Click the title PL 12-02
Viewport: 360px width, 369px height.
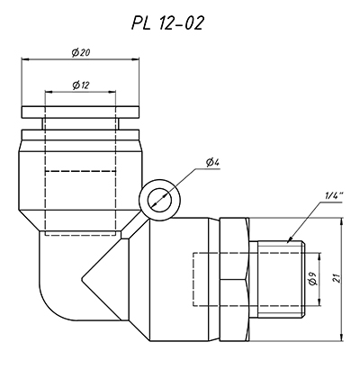tap(167, 22)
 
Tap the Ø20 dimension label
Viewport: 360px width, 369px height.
tap(81, 53)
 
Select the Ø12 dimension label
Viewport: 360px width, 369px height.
tap(81, 85)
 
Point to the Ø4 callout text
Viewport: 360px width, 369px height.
tap(213, 163)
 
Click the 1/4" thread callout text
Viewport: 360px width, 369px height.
tap(334, 196)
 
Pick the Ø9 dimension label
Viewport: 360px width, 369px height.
tap(312, 279)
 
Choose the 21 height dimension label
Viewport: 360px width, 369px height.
tap(337, 279)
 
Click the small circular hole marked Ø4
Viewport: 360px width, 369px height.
tap(159, 200)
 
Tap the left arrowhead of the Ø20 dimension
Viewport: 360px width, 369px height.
tap(24, 59)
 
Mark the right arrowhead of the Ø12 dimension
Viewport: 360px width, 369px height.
tap(112, 92)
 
